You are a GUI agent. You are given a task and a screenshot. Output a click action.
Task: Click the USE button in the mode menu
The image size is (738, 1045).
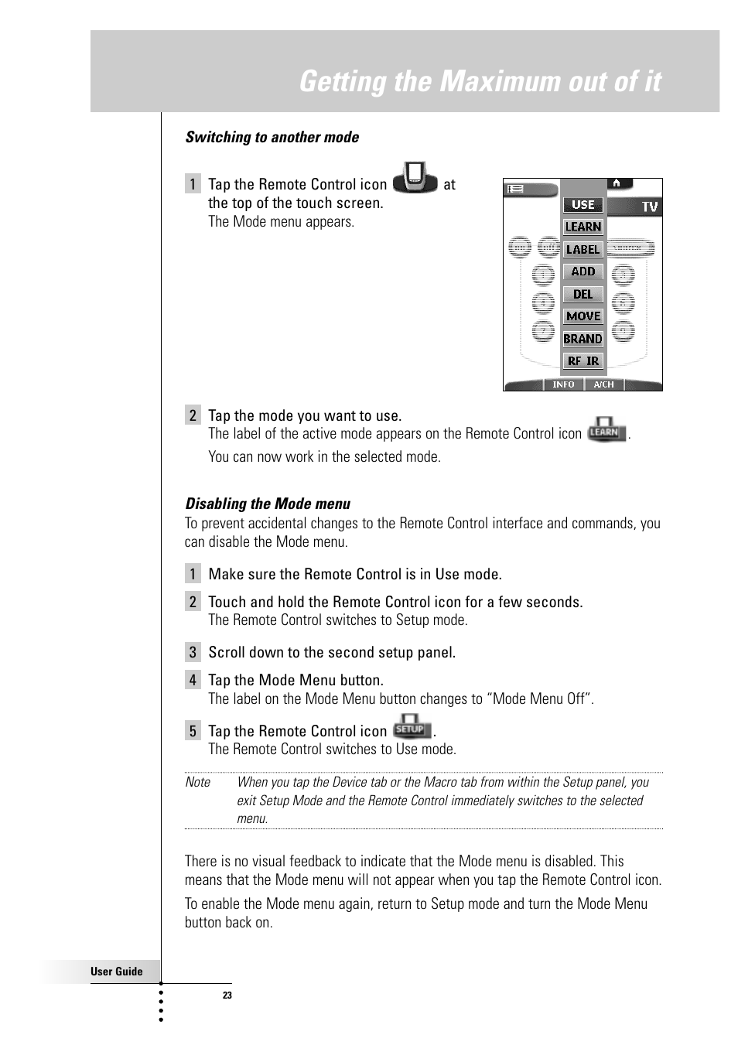point(583,205)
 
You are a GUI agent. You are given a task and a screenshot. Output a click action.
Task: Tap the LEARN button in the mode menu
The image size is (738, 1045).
point(583,227)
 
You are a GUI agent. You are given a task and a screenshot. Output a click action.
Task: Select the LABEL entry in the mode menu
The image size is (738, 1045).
point(583,249)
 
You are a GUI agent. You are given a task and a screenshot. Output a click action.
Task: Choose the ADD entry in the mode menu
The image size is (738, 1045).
point(583,271)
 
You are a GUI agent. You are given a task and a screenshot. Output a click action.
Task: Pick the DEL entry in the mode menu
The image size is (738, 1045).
point(583,294)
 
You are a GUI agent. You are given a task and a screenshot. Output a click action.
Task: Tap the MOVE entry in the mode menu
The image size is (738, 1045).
point(583,316)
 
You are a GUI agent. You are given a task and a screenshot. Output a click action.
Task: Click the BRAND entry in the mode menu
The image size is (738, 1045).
point(583,339)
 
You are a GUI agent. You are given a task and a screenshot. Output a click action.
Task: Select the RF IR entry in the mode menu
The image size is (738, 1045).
point(583,361)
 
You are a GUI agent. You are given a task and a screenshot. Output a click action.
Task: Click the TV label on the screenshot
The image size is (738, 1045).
point(649,207)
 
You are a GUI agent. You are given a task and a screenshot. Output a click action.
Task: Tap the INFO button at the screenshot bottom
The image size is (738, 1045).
point(563,384)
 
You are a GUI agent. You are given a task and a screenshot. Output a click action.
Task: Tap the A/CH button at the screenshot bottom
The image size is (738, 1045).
point(603,384)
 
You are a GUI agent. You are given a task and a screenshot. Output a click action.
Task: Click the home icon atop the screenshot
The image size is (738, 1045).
point(617,183)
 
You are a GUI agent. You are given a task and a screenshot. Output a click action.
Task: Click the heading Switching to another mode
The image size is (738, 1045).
point(272,137)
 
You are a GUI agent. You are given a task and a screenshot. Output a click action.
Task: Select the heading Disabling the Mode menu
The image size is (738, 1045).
point(268,504)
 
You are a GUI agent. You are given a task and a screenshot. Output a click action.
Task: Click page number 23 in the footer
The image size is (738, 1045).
point(227,995)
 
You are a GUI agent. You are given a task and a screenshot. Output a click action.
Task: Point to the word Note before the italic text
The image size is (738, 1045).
point(198,782)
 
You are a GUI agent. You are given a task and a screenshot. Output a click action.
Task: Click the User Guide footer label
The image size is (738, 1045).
point(117,972)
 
